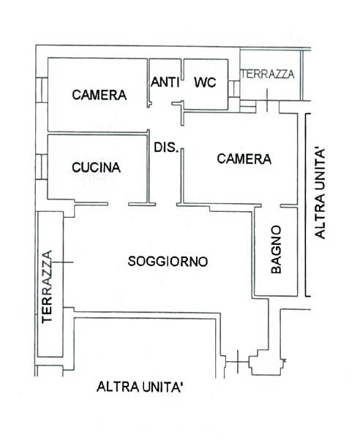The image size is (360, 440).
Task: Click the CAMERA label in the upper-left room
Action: pyautogui.click(x=100, y=95)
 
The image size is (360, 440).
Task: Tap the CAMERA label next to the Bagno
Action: pyautogui.click(x=244, y=159)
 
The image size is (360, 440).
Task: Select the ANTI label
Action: pyautogui.click(x=165, y=82)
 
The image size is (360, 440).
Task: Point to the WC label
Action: pyautogui.click(x=205, y=82)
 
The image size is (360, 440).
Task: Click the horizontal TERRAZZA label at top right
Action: pyautogui.click(x=268, y=74)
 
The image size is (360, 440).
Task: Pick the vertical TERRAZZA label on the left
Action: pyautogui.click(x=47, y=287)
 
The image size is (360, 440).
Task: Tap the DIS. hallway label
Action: pyautogui.click(x=166, y=147)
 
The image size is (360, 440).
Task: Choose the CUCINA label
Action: pyautogui.click(x=97, y=167)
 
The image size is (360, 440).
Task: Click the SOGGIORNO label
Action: pyautogui.click(x=168, y=261)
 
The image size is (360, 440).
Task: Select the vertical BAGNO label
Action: pyautogui.click(x=276, y=249)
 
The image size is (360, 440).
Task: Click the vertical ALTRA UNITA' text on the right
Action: pyautogui.click(x=320, y=194)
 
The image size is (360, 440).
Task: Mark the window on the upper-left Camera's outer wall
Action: pyautogui.click(x=42, y=90)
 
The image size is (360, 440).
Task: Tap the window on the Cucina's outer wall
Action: pyautogui.click(x=42, y=167)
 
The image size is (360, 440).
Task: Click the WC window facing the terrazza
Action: pyautogui.click(x=233, y=89)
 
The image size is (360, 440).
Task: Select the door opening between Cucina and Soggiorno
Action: pyautogui.click(x=118, y=204)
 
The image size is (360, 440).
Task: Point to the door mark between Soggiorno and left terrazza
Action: pyautogui.click(x=62, y=262)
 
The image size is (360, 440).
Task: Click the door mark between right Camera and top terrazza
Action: pyautogui.click(x=267, y=100)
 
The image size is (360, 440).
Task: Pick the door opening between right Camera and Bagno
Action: pyautogui.click(x=271, y=206)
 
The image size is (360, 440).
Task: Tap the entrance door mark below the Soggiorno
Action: pyautogui.click(x=238, y=362)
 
